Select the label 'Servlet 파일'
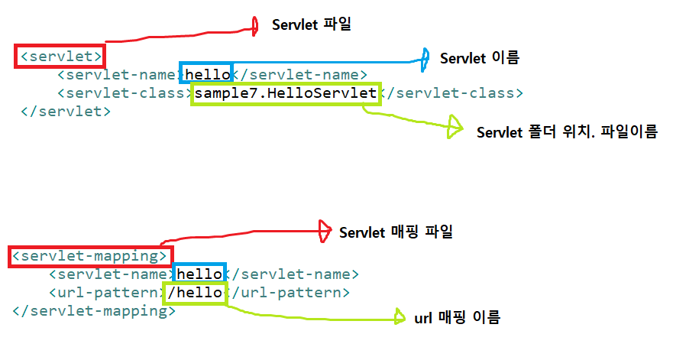[312, 25]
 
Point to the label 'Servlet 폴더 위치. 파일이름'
[567, 131]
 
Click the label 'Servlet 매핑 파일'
[396, 232]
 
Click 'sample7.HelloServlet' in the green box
[286, 94]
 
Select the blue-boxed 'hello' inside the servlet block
[205, 74]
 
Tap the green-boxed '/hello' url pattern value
[197, 293]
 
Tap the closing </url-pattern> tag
[289, 293]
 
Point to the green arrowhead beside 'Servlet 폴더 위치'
[455, 127]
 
